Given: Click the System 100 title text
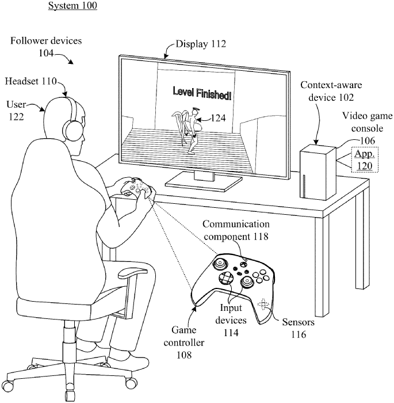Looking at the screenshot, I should (x=72, y=6).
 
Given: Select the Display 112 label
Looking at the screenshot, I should (x=200, y=44).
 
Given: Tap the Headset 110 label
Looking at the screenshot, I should (x=31, y=82).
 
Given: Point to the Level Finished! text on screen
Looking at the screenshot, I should (x=202, y=93).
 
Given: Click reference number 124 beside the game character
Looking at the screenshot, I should (x=217, y=119).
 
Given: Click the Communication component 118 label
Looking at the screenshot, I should (x=236, y=229).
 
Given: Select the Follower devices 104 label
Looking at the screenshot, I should (x=45, y=47).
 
